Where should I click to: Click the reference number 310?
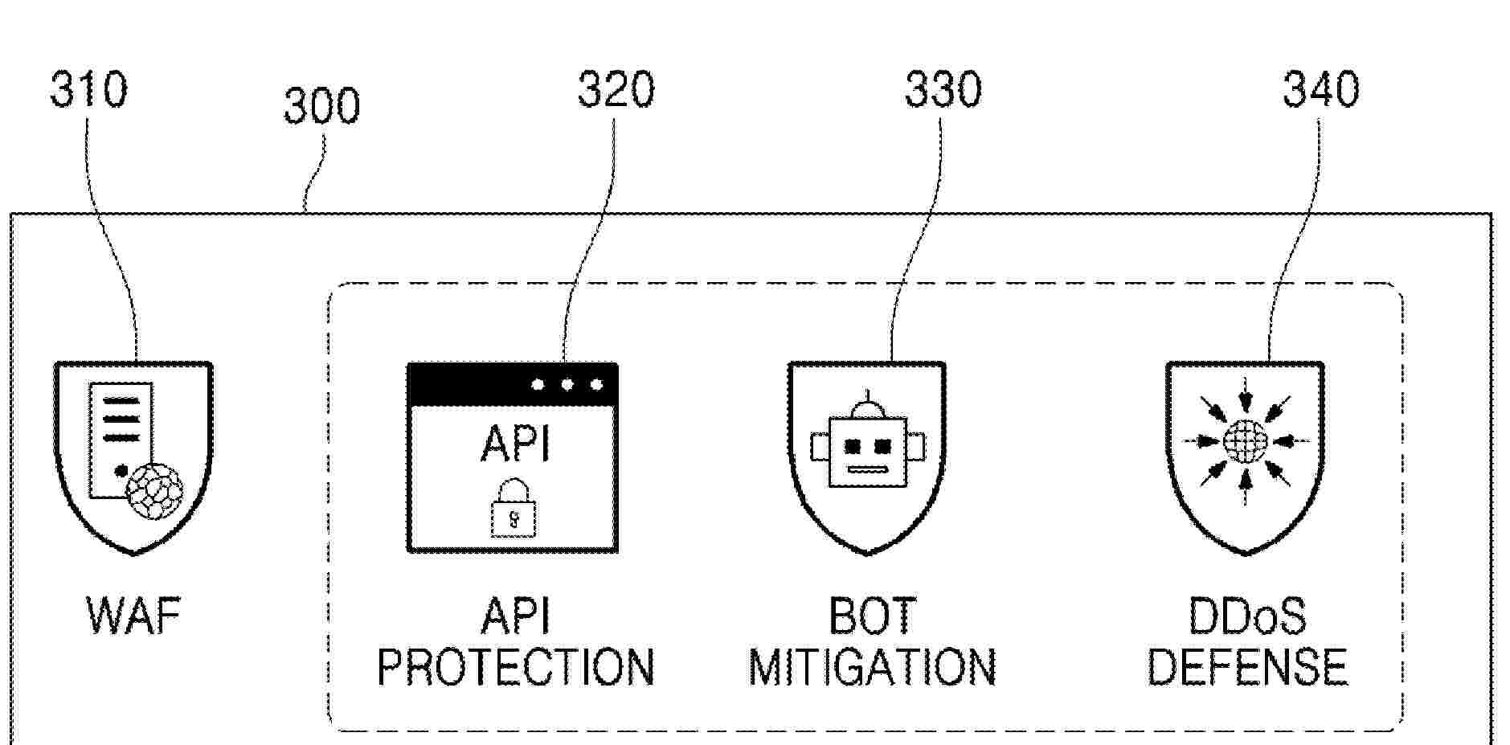pos(88,89)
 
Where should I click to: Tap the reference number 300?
pos(321,107)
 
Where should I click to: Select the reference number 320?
pos(616,89)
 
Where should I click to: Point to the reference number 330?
pos(943,89)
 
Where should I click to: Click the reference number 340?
pos(1320,89)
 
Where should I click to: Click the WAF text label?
pos(133,616)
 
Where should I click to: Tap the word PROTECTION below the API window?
pos(516,667)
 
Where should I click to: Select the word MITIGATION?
pos(872,667)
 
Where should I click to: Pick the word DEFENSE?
pos(1246,667)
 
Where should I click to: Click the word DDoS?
pos(1246,616)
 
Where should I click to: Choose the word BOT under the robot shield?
pos(872,616)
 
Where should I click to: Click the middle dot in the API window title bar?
pos(567,385)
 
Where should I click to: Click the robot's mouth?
pos(867,469)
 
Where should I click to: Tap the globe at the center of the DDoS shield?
pos(1245,441)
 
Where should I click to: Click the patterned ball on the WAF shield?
pos(155,490)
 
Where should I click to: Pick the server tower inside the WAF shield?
pos(119,438)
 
